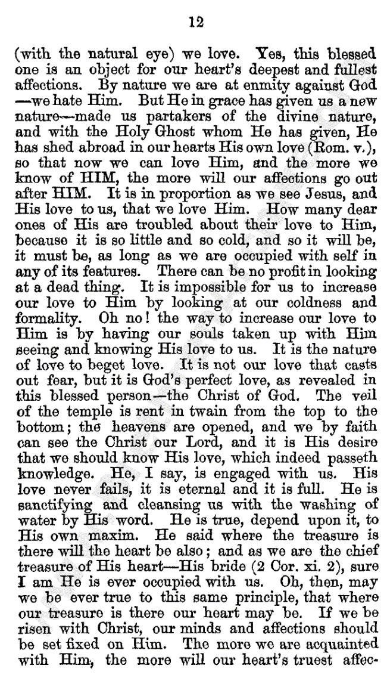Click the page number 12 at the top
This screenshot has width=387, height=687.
196,22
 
